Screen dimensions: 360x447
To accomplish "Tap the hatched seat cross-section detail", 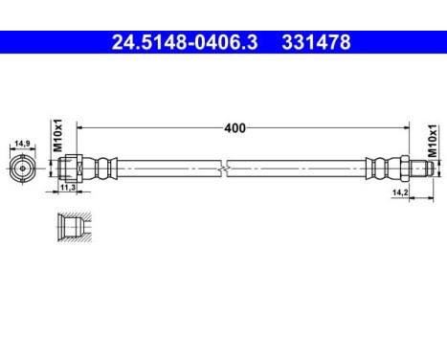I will (70, 229).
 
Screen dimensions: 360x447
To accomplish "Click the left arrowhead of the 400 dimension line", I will (80, 125).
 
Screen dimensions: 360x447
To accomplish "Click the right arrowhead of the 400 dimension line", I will (410, 125).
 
